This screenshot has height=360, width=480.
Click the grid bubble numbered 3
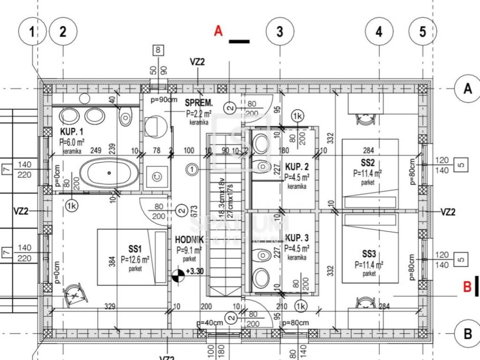[280, 32]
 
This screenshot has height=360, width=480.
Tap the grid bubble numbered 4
[379, 32]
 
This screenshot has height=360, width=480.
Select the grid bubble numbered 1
[32, 32]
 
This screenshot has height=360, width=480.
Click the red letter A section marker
[218, 31]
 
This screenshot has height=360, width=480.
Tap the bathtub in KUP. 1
[109, 173]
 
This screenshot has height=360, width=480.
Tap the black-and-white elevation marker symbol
[179, 276]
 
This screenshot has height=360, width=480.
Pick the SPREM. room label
[199, 103]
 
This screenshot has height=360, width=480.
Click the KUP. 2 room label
[297, 167]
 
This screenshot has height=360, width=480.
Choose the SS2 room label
[368, 164]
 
